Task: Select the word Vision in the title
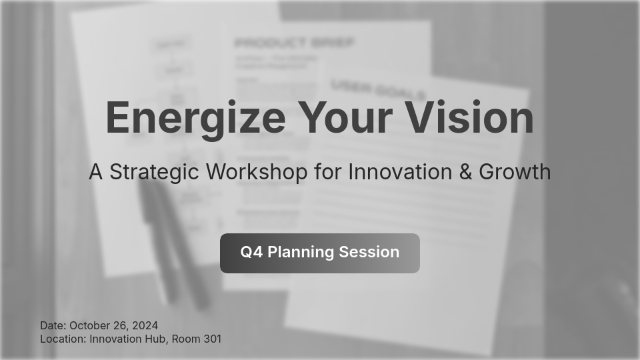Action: (470, 118)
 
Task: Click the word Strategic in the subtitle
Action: (154, 172)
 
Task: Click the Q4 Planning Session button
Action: (320, 253)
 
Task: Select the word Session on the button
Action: (369, 252)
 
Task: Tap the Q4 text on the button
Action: (251, 252)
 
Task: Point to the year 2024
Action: (145, 325)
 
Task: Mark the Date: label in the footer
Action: (53, 325)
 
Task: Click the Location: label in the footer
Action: (63, 339)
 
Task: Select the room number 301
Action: (211, 339)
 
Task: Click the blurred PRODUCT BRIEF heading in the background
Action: (294, 43)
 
